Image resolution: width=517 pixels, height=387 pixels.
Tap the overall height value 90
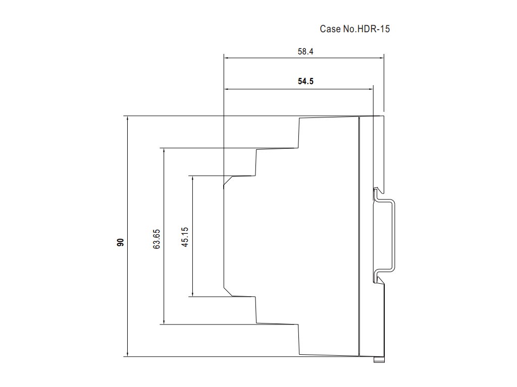click(120, 242)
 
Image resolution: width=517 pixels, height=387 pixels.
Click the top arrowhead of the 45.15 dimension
click(192, 179)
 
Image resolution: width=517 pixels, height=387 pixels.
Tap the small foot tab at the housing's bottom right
click(379, 359)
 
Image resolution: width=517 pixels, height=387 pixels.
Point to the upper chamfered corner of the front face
click(228, 181)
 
